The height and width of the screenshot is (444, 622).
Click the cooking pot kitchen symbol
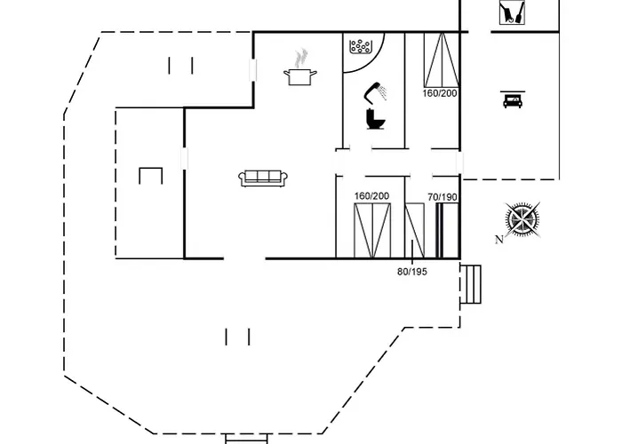pyautogui.click(x=300, y=76)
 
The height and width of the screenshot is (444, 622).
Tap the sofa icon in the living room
pyautogui.click(x=263, y=178)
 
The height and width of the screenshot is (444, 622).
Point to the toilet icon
pyautogui.click(x=375, y=118)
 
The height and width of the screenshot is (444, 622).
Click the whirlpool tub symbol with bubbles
pyautogui.click(x=360, y=46)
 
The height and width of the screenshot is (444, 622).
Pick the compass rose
pyautogui.click(x=522, y=219)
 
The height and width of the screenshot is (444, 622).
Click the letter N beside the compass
pyautogui.click(x=499, y=239)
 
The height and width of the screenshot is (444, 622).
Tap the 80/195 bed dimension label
pyautogui.click(x=412, y=272)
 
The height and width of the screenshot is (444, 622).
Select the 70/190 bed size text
pyautogui.click(x=443, y=197)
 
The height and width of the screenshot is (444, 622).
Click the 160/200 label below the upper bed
pyautogui.click(x=440, y=93)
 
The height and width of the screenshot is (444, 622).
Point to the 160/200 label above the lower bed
pyautogui.click(x=371, y=196)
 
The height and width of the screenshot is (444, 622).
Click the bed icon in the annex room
pyautogui.click(x=513, y=99)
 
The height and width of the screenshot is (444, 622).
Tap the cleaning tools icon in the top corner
pyautogui.click(x=512, y=12)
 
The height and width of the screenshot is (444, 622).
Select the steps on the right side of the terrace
pyautogui.click(x=471, y=284)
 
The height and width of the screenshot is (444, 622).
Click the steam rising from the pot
pyautogui.click(x=300, y=59)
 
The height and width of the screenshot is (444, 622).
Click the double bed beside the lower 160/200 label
pyautogui.click(x=372, y=231)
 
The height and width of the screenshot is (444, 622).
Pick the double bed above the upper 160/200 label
pyautogui.click(x=442, y=59)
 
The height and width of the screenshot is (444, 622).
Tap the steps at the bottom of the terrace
pyautogui.click(x=246, y=439)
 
